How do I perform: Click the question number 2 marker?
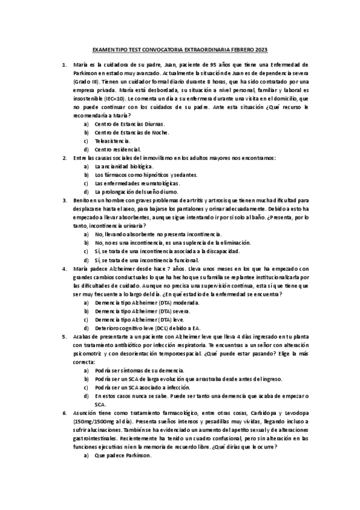[64, 157]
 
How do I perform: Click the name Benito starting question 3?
[82, 200]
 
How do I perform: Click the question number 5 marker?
[64, 337]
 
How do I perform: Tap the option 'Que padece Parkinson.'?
[123, 456]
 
